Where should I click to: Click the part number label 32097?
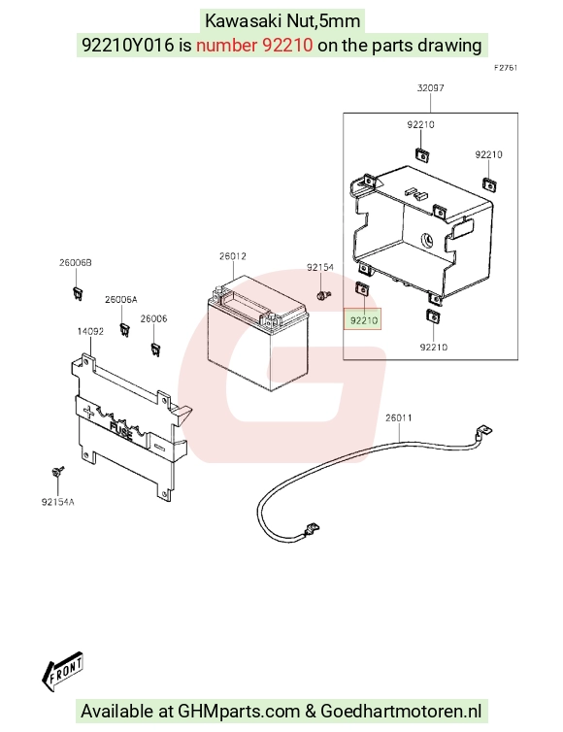pyautogui.click(x=430, y=87)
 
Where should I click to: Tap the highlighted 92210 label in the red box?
pyautogui.click(x=364, y=320)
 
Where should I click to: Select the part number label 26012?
pyautogui.click(x=233, y=256)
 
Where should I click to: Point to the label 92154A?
pyautogui.click(x=58, y=502)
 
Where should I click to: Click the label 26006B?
pyautogui.click(x=76, y=263)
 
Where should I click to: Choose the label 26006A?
pyautogui.click(x=121, y=300)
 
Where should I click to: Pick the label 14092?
pyautogui.click(x=90, y=331)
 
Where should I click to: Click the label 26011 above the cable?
pyautogui.click(x=399, y=417)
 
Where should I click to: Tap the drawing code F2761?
pyautogui.click(x=506, y=68)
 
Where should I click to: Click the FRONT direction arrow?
pyautogui.click(x=62, y=671)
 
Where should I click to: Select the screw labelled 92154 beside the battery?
pyautogui.click(x=323, y=295)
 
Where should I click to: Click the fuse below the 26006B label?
pyautogui.click(x=78, y=294)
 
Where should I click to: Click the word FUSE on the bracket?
pyautogui.click(x=121, y=431)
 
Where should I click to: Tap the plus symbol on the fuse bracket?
pyautogui.click(x=87, y=412)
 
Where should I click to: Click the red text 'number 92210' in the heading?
pyautogui.click(x=254, y=46)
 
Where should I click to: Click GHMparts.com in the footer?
pyautogui.click(x=239, y=712)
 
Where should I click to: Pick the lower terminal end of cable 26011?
pyautogui.click(x=311, y=529)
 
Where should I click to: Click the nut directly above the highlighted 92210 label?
pyautogui.click(x=362, y=289)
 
